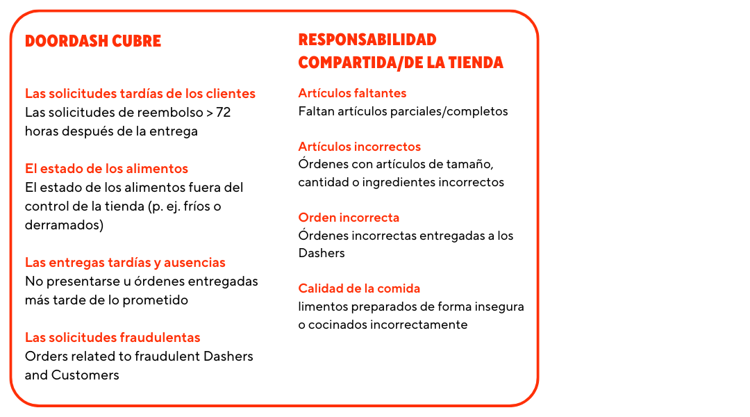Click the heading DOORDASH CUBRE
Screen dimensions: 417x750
pyautogui.click(x=92, y=41)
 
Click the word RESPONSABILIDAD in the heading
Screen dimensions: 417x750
pyautogui.click(x=367, y=40)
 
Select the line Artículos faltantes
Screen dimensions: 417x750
pyautogui.click(x=352, y=93)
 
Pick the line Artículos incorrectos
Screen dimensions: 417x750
pyautogui.click(x=359, y=147)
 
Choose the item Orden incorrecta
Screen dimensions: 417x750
pyautogui.click(x=349, y=218)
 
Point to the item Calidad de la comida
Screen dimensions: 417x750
pyautogui.click(x=359, y=288)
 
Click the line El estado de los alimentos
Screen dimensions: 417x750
pyautogui.click(x=106, y=169)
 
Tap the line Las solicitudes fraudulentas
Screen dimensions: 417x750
pyautogui.click(x=112, y=338)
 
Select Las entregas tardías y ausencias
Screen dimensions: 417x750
pyautogui.click(x=125, y=263)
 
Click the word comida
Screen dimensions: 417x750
pyautogui.click(x=399, y=288)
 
